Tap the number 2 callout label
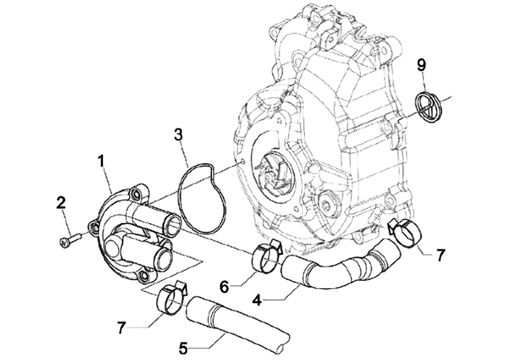coord(61,203)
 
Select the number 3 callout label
coord(179,133)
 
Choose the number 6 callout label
coord(225,287)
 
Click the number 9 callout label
coord(421,65)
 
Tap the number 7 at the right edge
coord(440,256)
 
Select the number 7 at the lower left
coord(123,329)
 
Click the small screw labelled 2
coord(66,241)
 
